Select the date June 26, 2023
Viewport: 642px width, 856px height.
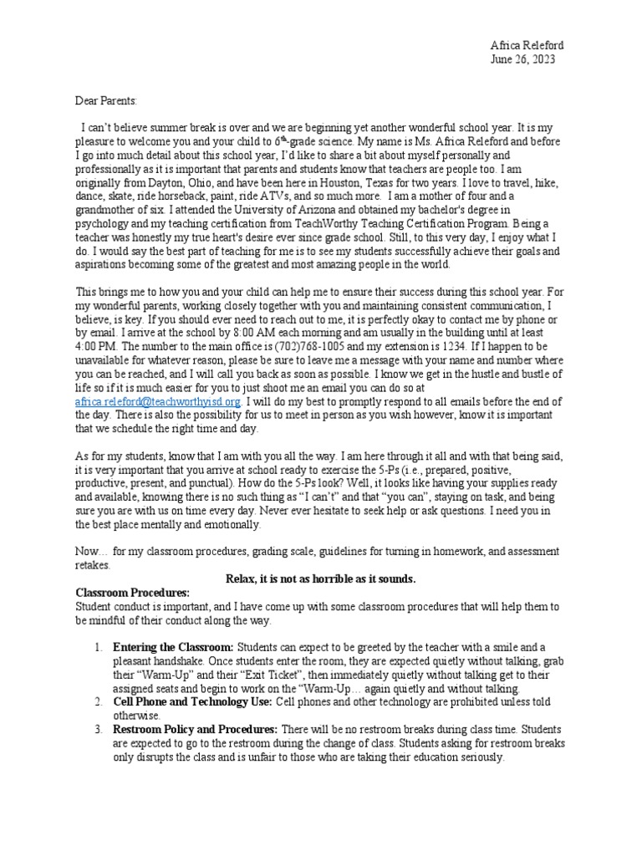tap(522, 59)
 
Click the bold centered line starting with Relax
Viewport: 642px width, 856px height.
tap(321, 579)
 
